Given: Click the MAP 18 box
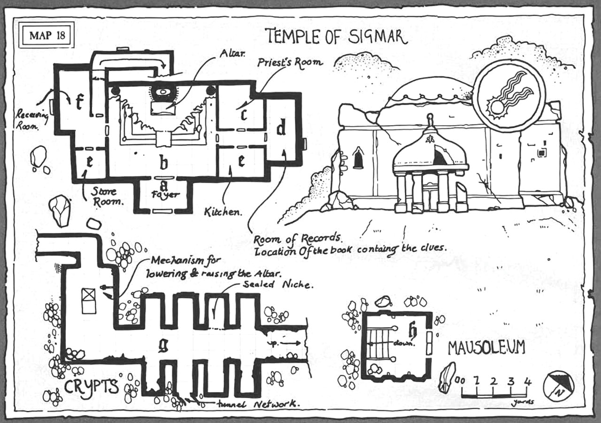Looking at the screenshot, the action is tap(46, 36).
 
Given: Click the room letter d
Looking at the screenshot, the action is tap(281, 127).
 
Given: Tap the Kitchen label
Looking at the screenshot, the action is tap(222, 212).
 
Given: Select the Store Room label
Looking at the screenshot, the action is tap(103, 197).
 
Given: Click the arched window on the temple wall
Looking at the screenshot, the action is tap(358, 159).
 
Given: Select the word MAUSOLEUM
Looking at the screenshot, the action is tap(486, 348).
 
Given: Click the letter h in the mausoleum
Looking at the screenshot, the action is tap(413, 331).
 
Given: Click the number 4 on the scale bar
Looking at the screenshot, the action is tap(527, 381).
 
